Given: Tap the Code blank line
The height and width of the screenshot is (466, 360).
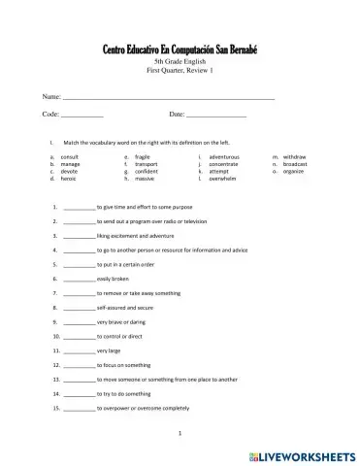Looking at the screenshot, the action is click(x=82, y=116).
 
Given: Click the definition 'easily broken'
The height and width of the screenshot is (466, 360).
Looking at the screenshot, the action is click(x=115, y=279).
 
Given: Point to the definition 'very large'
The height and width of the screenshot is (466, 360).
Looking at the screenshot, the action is click(x=110, y=349).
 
